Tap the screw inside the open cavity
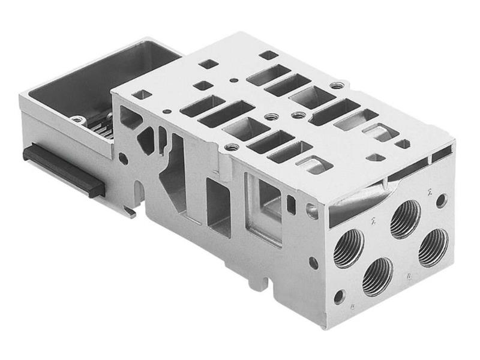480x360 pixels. [77, 119]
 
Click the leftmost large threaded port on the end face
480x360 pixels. [349, 245]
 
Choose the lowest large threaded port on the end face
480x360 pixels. [377, 275]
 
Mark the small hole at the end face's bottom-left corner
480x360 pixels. [340, 296]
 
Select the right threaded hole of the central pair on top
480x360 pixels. [298, 114]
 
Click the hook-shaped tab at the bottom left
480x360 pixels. [129, 210]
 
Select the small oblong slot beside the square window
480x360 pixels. [291, 203]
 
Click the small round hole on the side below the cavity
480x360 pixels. [123, 158]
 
